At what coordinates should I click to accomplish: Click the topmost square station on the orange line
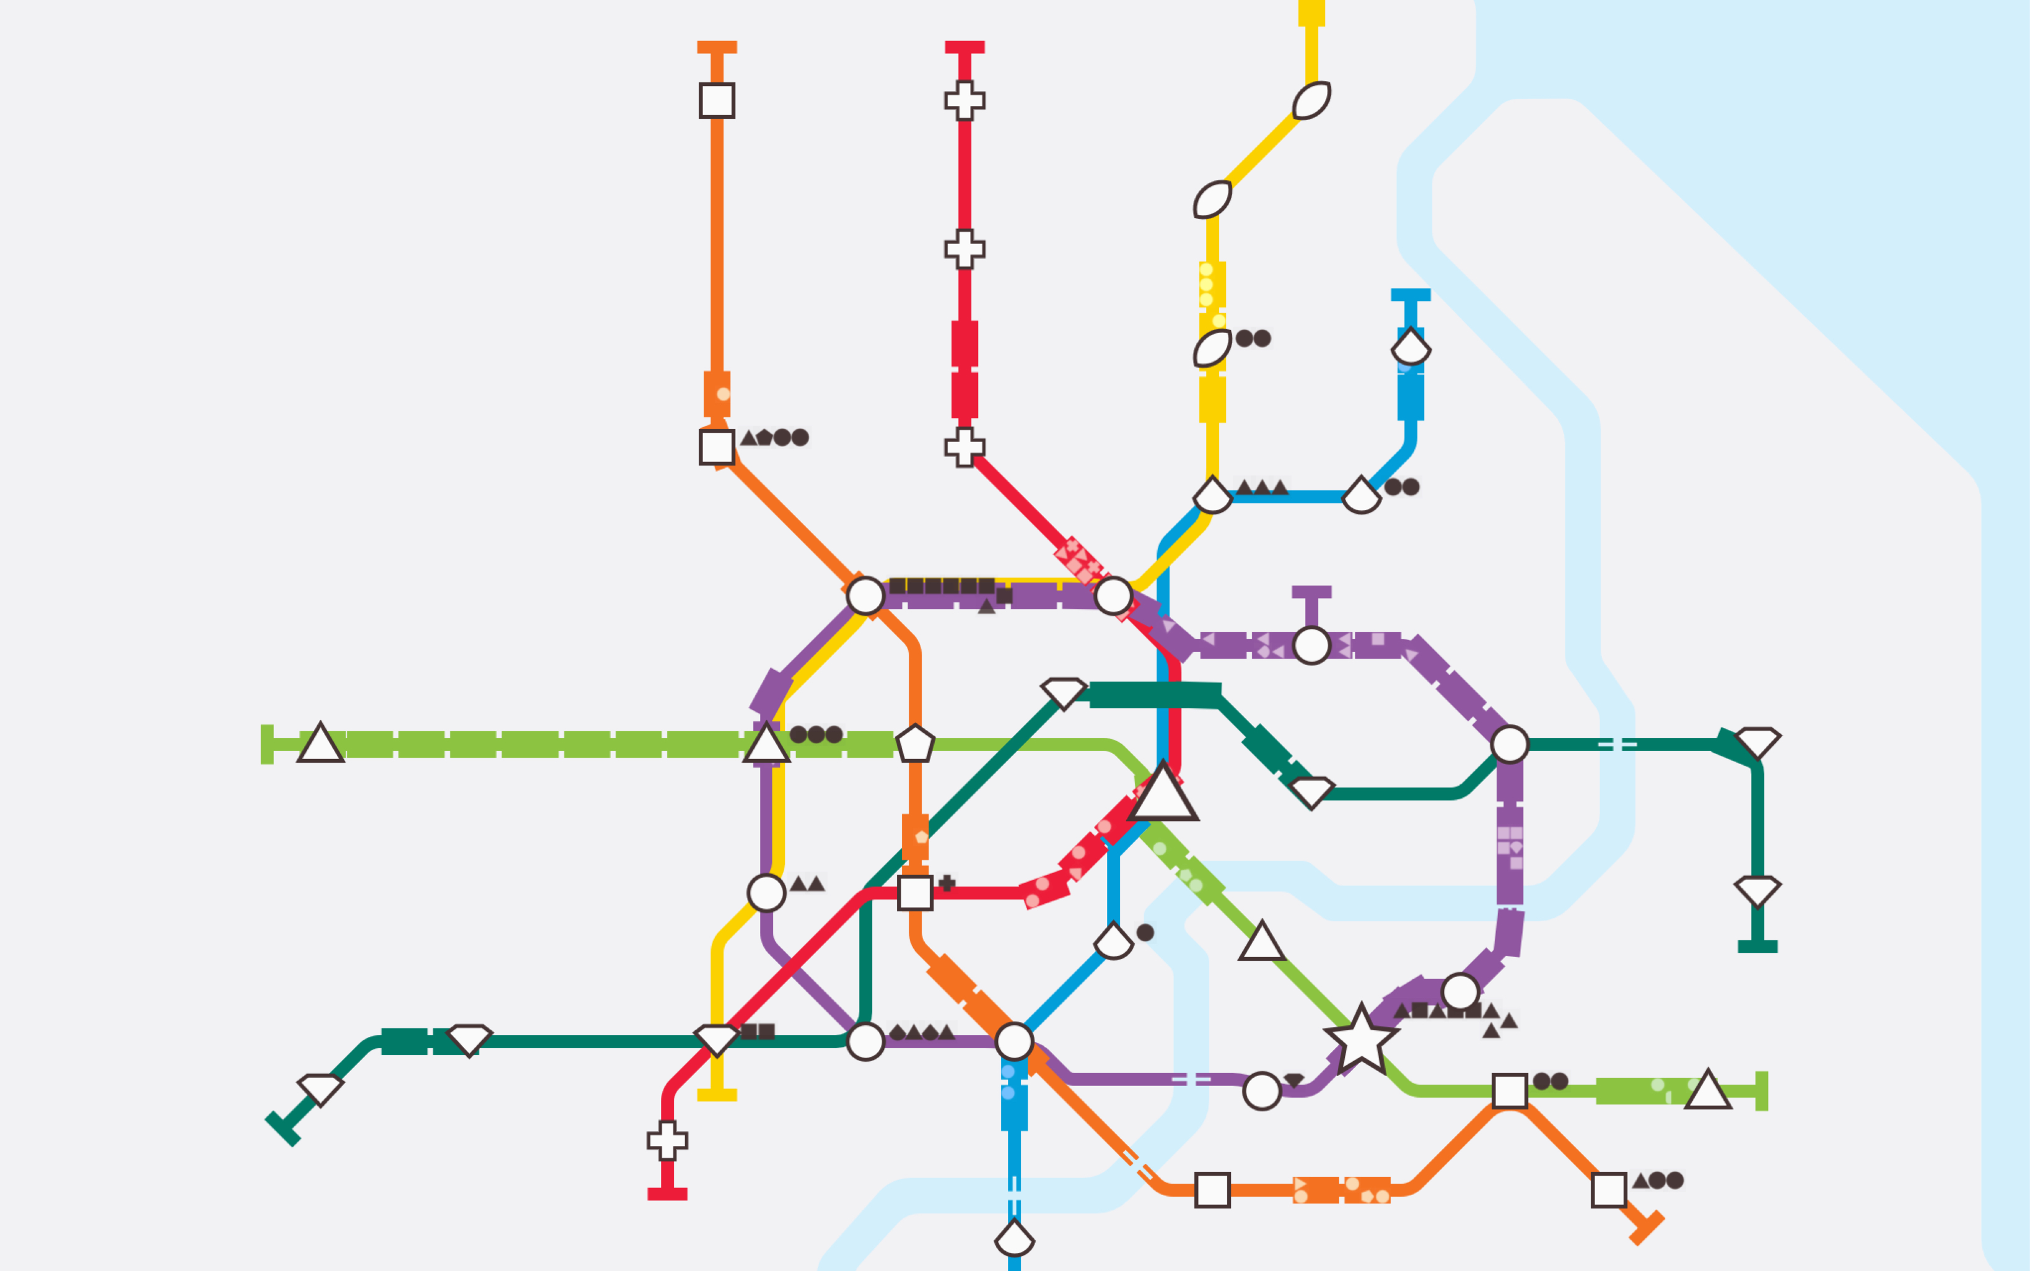coord(717,100)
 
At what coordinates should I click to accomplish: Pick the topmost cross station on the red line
coord(965,100)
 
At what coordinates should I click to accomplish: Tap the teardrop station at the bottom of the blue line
coord(1014,1238)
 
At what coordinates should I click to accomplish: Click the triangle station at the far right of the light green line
coord(1707,1090)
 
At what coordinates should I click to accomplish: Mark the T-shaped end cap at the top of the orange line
coord(717,47)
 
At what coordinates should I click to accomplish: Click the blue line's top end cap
coord(1411,294)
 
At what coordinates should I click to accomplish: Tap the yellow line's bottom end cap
coord(717,1095)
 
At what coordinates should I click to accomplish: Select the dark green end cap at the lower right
coord(1757,947)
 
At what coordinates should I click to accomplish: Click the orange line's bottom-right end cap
coord(1647,1228)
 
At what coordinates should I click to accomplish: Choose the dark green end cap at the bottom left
coord(282,1129)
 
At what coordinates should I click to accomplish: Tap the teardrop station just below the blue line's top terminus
coord(1411,346)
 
